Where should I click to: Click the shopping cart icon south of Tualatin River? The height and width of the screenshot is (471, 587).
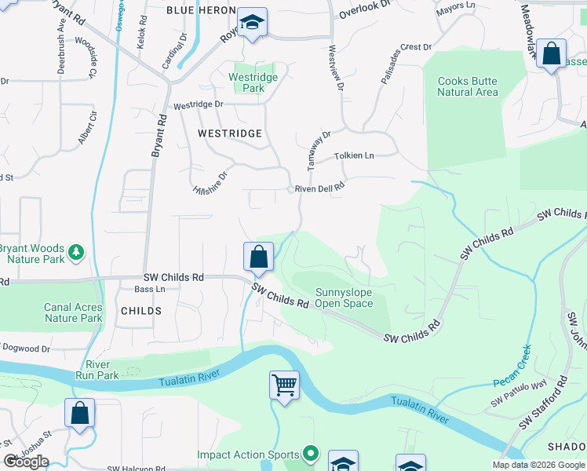coord(284,385)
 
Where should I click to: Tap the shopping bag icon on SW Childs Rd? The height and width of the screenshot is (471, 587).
coord(258,256)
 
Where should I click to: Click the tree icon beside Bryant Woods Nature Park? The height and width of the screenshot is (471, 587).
coord(76,252)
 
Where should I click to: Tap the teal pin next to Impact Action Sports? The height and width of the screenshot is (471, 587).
coord(311,454)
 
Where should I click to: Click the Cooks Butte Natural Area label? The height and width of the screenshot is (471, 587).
coord(467,86)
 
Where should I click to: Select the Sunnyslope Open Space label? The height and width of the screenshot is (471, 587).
coord(343,298)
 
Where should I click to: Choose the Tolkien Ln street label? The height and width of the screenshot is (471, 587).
coord(354,155)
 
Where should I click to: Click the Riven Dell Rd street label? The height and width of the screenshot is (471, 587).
coord(320,188)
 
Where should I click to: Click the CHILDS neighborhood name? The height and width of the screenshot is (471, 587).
coord(141,311)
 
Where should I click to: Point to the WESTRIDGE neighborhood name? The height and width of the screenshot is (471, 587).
coord(229,133)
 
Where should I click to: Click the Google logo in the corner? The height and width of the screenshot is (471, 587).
coord(26,462)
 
